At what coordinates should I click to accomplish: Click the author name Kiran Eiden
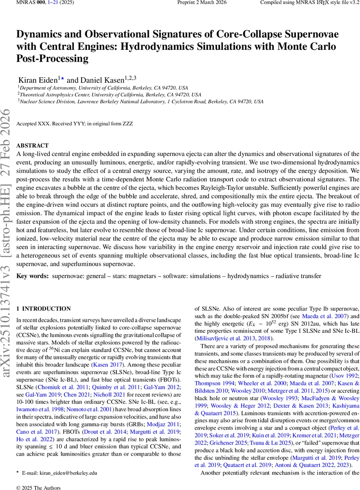(38, 80)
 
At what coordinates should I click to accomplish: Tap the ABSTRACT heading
(32, 146)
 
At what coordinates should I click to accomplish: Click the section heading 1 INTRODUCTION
(43, 309)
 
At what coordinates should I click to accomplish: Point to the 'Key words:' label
(32, 276)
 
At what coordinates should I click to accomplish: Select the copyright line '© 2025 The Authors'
(38, 488)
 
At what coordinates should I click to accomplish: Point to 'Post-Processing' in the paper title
(53, 58)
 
